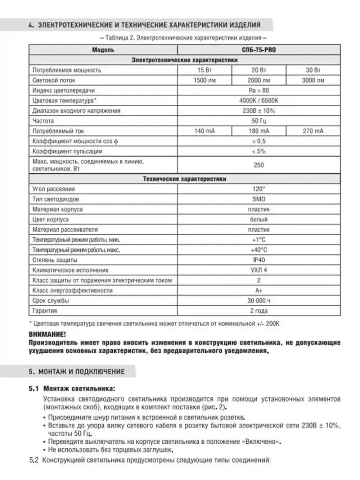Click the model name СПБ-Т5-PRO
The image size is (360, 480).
pyautogui.click(x=258, y=50)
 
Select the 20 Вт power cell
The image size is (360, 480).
pyautogui.click(x=258, y=70)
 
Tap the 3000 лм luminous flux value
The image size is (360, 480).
pyautogui.click(x=313, y=80)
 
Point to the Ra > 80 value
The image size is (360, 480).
pyautogui.click(x=258, y=90)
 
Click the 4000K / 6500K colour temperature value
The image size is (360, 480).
pyautogui.click(x=258, y=100)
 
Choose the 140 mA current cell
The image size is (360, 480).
pyautogui.click(x=204, y=131)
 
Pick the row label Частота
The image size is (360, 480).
pyautogui.click(x=43, y=121)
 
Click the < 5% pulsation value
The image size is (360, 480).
pyautogui.click(x=258, y=151)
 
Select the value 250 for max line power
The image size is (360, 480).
pyautogui.click(x=258, y=165)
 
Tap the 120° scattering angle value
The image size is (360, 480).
pyautogui.click(x=258, y=189)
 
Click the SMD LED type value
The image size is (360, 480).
pyautogui.click(x=258, y=199)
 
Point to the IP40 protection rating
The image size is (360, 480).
pyautogui.click(x=258, y=260)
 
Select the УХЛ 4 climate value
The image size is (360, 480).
pyautogui.click(x=258, y=270)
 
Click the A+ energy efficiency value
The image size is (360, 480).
pyautogui.click(x=258, y=290)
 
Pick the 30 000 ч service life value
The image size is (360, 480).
pyautogui.click(x=258, y=300)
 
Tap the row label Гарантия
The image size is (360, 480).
pyautogui.click(x=45, y=311)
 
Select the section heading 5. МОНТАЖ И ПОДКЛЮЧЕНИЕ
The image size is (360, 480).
pyautogui.click(x=76, y=372)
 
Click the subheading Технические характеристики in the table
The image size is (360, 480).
pyautogui.click(x=184, y=179)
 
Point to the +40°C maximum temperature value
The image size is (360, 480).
pyautogui.click(x=258, y=250)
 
